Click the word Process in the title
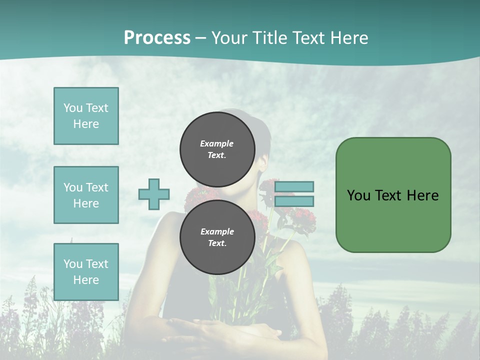157,38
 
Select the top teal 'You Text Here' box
86,116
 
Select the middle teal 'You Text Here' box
86,195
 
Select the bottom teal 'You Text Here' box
86,272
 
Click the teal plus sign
154,194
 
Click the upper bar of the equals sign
294,186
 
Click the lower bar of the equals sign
294,201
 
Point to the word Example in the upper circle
216,143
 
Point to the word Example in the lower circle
217,231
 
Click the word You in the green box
358,195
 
